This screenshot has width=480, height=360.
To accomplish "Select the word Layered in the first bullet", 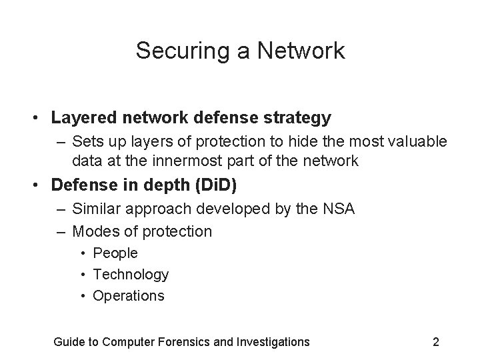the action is click(79, 119).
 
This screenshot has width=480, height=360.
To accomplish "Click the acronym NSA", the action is click(340, 209).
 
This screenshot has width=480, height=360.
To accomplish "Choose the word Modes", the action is click(94, 231).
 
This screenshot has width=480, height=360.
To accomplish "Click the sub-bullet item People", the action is click(115, 253).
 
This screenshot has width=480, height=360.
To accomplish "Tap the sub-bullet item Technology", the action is click(131, 275).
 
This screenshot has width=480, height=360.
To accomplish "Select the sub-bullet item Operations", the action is click(129, 296).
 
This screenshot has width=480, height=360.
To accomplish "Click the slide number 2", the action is click(435, 342).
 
